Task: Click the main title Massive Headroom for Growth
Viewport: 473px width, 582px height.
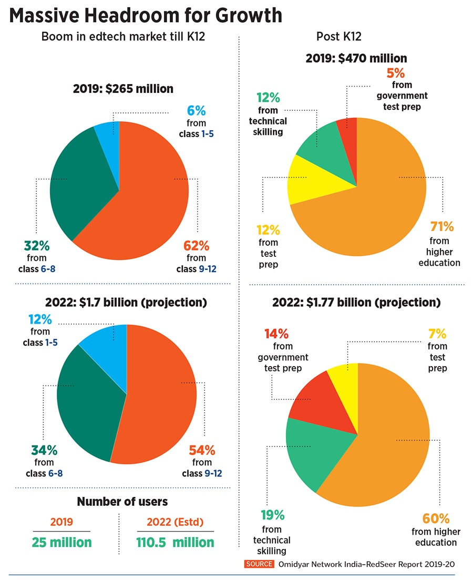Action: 146,15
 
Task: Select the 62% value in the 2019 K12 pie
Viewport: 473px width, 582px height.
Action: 196,245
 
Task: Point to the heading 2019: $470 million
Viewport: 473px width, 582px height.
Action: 356,58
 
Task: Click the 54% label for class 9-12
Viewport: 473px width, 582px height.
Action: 202,450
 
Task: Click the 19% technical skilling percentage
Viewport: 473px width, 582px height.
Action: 272,515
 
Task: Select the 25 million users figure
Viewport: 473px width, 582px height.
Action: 61,542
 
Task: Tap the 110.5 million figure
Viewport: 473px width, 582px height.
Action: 175,542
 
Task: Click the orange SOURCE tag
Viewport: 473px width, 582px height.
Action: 259,564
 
